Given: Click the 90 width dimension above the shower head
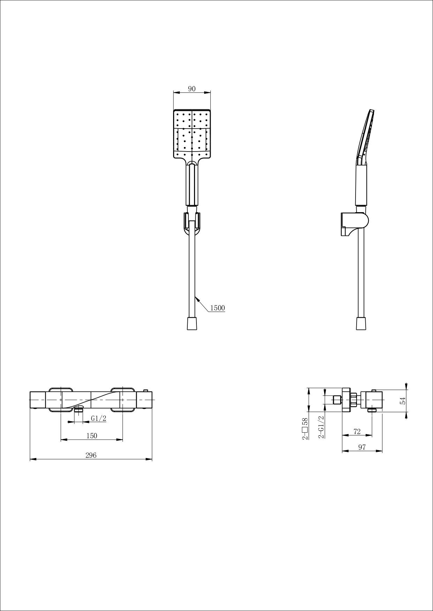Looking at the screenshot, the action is click(x=192, y=89).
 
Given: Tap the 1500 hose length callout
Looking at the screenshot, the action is click(x=217, y=308).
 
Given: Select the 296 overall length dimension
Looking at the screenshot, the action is click(x=91, y=455).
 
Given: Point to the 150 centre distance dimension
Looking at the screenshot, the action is click(x=91, y=436).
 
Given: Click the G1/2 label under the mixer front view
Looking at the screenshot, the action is click(x=98, y=418).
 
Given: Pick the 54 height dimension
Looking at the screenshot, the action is click(x=403, y=401).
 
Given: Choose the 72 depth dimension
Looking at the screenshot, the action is click(x=357, y=432).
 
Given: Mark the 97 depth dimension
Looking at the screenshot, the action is click(x=362, y=447).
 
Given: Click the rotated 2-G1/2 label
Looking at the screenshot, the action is click(x=321, y=427).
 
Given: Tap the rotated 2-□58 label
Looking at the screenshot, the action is click(x=305, y=429).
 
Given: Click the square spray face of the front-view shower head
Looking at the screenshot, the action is click(x=192, y=133).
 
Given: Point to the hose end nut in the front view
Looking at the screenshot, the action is click(x=192, y=323).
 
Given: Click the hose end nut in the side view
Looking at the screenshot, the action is click(x=361, y=323).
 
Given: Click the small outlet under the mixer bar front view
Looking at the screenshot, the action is click(x=79, y=410).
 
